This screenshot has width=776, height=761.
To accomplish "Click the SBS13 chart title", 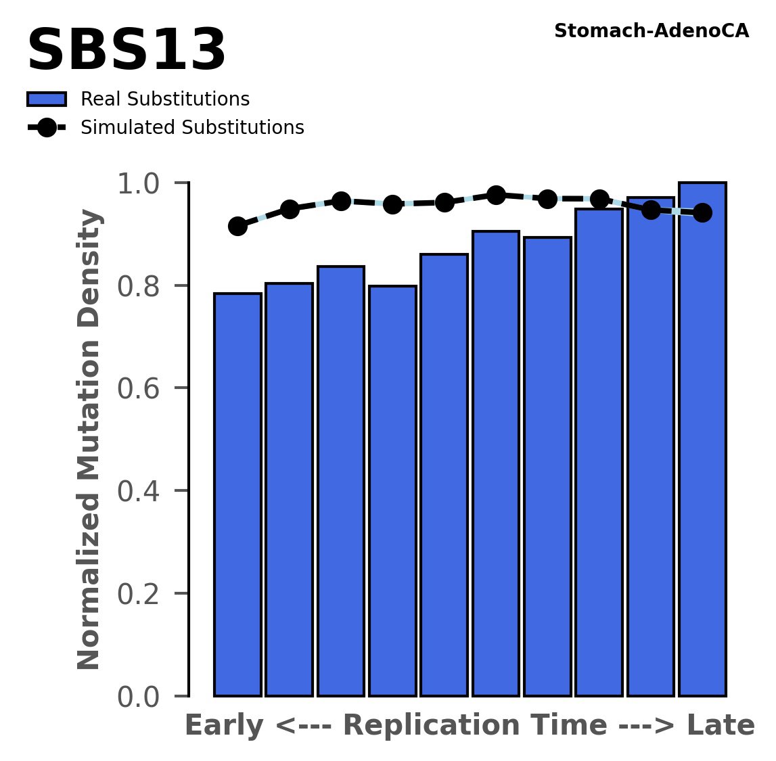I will coord(126,51).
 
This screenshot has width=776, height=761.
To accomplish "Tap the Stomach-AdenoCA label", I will coord(651,31).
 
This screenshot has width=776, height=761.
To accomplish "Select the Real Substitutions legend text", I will coord(165,99).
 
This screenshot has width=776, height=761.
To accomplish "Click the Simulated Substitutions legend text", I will coord(192,128).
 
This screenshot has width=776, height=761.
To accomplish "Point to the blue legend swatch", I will coord(47,99).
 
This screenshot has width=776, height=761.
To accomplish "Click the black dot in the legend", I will coord(47,128).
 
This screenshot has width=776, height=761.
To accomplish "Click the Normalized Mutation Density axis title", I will coord(89,439).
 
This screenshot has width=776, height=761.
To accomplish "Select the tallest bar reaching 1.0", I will coord(702,440).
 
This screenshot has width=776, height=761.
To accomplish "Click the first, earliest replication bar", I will coord(237,494).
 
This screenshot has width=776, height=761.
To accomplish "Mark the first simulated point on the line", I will coord(237,226).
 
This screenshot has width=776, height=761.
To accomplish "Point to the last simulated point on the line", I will coord(703,213).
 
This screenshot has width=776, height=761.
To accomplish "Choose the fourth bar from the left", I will coord(392,490).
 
